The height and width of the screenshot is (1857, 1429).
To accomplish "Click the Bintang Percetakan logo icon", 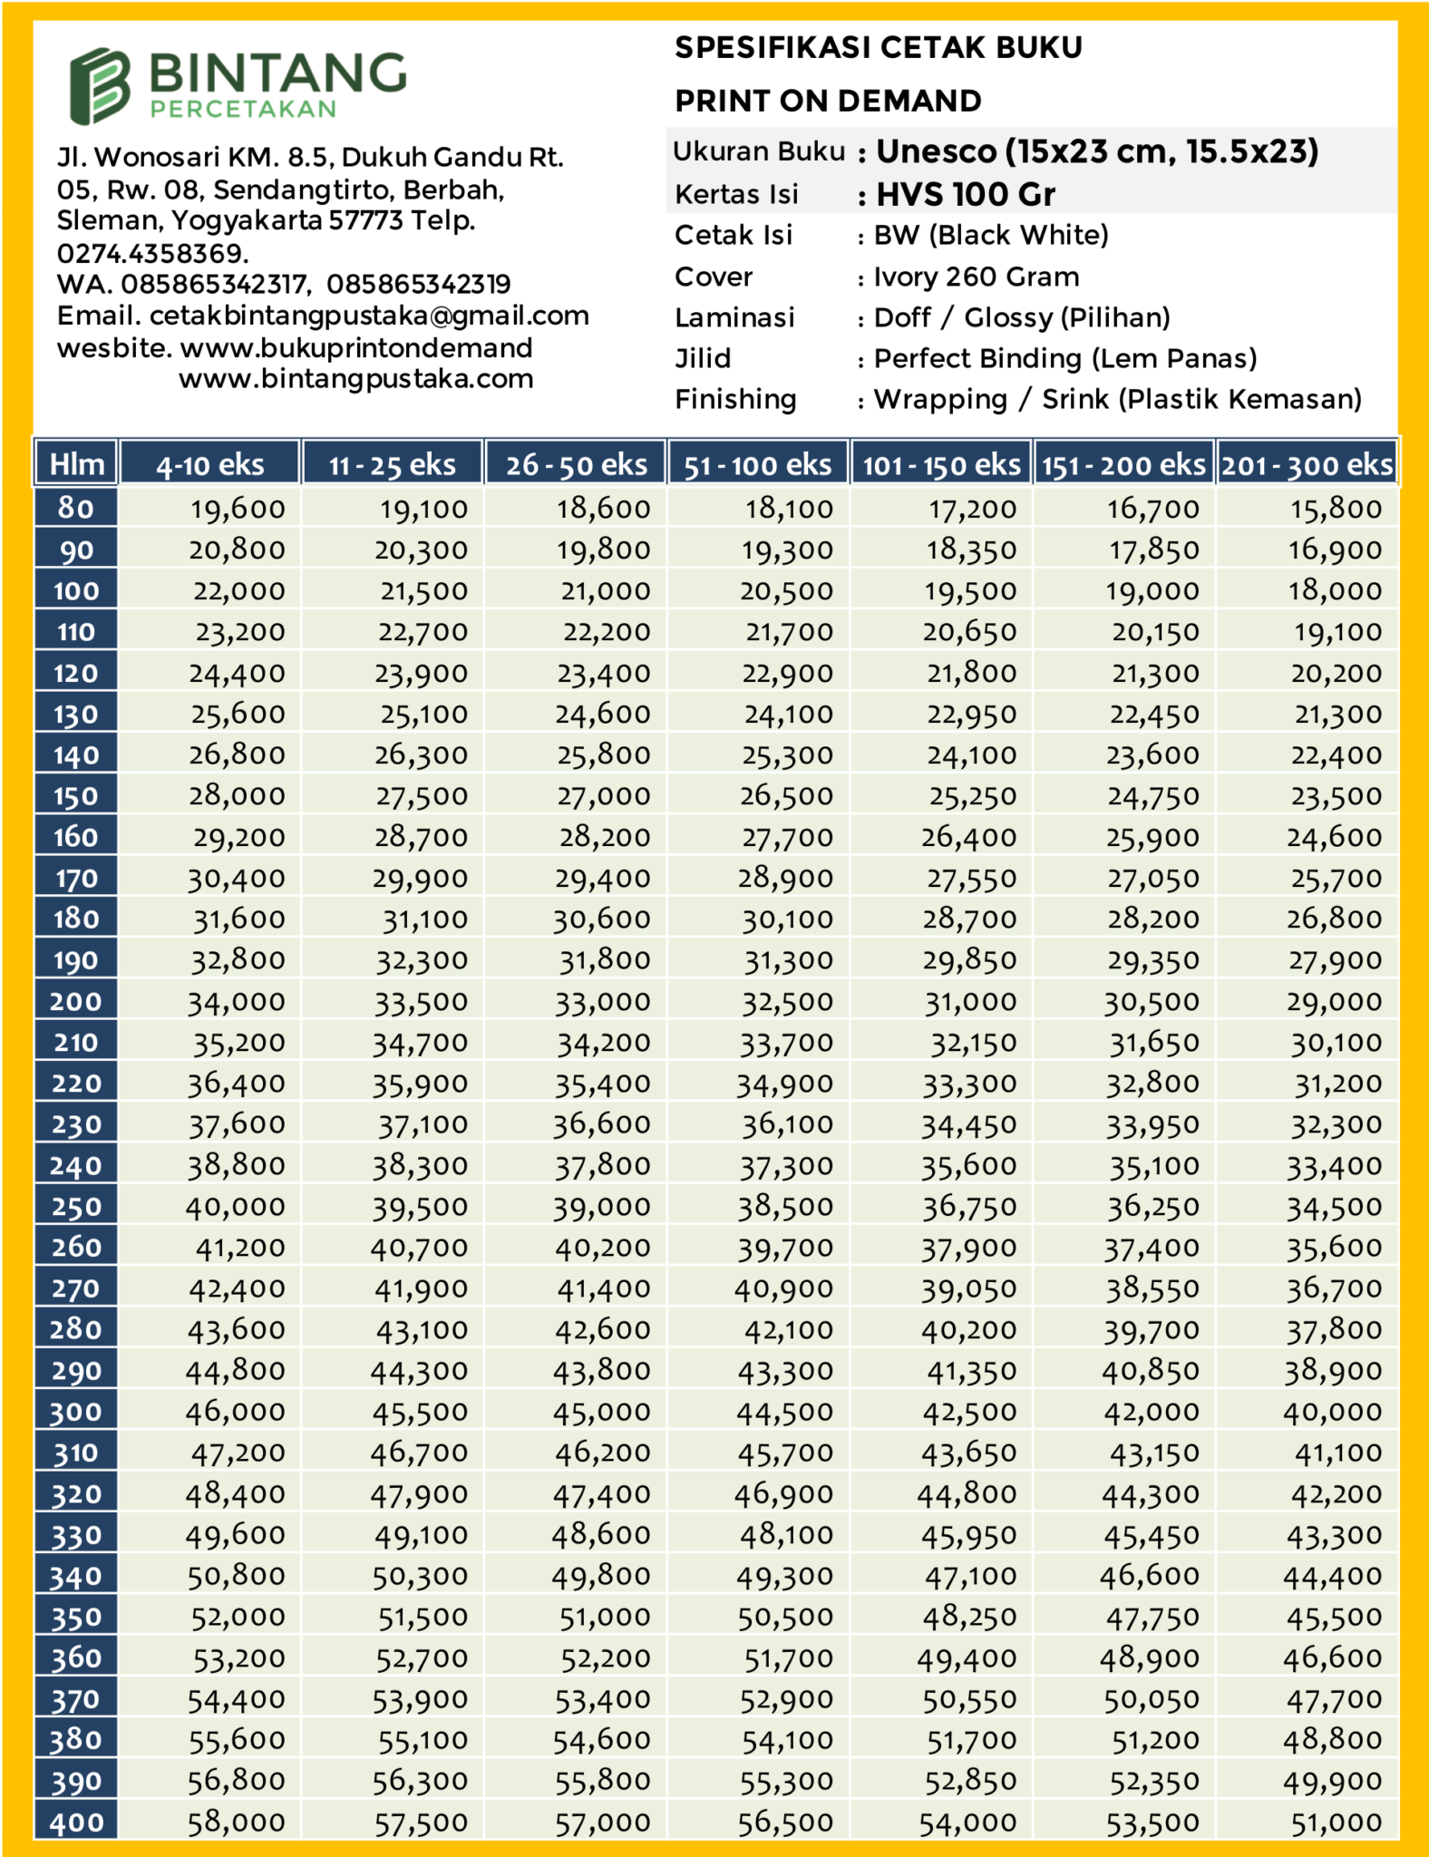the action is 101,85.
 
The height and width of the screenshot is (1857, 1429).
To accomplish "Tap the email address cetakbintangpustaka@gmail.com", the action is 369,316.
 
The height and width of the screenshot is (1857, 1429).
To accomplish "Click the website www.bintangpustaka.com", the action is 355,379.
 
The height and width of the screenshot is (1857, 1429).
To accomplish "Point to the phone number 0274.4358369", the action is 152,253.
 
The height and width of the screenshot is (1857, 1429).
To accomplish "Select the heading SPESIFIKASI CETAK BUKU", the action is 878,47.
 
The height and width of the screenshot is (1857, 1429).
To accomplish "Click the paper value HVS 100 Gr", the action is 965,194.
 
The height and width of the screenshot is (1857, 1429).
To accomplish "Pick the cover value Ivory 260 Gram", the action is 976,277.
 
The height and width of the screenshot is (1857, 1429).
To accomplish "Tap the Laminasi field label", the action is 734,317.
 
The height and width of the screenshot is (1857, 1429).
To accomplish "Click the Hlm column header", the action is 76,464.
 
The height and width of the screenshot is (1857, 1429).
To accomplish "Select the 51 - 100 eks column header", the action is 757,465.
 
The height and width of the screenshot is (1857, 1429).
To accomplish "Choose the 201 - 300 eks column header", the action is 1306,465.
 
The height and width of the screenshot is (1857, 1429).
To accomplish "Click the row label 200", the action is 76,1001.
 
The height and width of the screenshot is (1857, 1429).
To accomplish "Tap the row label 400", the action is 76,1823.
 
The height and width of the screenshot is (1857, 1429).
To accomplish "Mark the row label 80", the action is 76,508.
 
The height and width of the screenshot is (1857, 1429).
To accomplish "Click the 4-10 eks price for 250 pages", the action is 235,1207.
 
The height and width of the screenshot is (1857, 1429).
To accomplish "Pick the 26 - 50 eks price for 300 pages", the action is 601,1412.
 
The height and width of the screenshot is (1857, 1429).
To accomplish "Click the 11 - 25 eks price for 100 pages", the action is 423,591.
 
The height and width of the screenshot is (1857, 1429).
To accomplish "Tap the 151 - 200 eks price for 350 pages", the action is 1152,1618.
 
